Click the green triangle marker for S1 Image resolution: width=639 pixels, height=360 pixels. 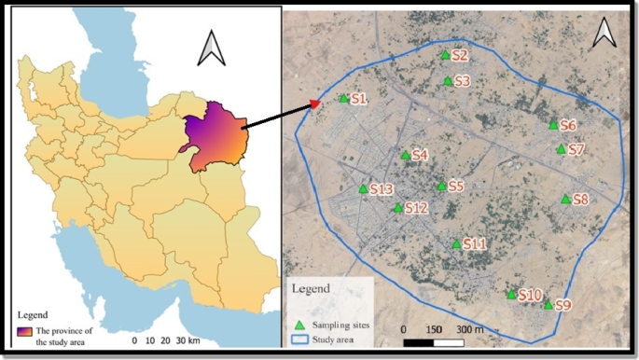[x=344, y=99]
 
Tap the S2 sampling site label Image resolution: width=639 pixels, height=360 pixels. [x=460, y=57]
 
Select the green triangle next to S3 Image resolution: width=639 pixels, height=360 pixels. [x=448, y=81]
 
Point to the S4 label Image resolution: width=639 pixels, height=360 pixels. [x=420, y=155]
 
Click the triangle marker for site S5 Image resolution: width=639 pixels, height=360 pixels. [x=441, y=186]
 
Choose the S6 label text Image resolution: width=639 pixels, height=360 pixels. [x=568, y=125]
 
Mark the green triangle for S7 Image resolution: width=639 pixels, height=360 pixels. [x=561, y=149]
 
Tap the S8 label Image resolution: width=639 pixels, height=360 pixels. [x=580, y=199]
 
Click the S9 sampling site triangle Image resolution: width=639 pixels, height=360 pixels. [x=548, y=304]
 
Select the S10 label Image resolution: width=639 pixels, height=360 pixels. [x=530, y=295]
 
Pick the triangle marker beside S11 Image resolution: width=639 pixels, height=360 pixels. [x=456, y=244]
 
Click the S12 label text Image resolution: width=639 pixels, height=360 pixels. [x=416, y=208]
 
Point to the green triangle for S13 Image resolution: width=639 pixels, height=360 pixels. [x=363, y=189]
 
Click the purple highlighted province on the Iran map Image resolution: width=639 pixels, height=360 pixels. [x=215, y=135]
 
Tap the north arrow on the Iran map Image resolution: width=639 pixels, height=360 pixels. [x=212, y=48]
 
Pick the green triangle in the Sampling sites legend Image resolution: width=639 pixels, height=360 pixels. [x=299, y=325]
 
